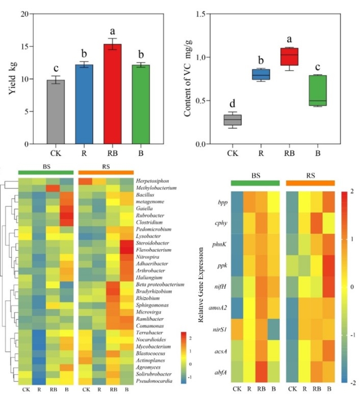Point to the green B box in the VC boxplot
318,90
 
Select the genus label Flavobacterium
153,250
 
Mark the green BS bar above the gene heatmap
255,183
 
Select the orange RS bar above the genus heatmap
106,172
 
